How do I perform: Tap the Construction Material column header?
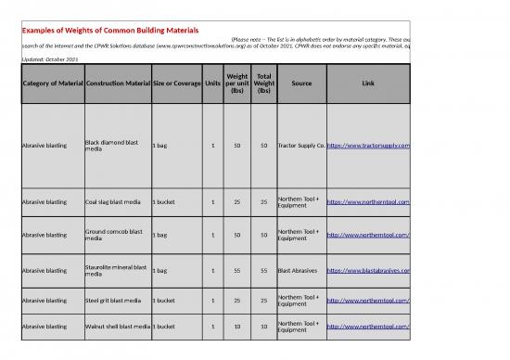tap(117, 84)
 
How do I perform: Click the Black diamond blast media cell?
tap(112, 146)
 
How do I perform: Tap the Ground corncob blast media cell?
tap(112, 234)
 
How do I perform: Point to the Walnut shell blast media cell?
tap(117, 327)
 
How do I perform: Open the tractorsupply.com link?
tap(368, 146)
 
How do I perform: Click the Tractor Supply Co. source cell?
tap(300, 146)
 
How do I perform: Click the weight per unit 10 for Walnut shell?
tap(237, 327)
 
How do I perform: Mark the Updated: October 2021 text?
tap(50, 59)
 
